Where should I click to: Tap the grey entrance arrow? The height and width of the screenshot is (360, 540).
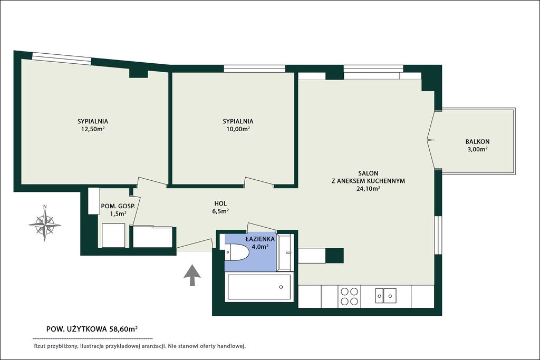pyautogui.click(x=192, y=275)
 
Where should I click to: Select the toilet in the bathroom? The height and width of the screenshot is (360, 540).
pyautogui.click(x=237, y=252)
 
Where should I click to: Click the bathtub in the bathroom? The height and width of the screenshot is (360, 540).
pyautogui.click(x=259, y=287)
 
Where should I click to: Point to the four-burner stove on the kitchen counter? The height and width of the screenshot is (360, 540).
pyautogui.click(x=349, y=296)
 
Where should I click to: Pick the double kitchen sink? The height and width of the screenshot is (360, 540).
pyautogui.click(x=385, y=296)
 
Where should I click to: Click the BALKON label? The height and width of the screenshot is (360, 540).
pyautogui.click(x=477, y=141)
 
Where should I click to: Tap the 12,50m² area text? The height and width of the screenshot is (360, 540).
pyautogui.click(x=91, y=129)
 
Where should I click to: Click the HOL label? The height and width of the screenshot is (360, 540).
pyautogui.click(x=220, y=204)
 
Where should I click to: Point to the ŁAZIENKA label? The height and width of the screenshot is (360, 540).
pyautogui.click(x=260, y=239)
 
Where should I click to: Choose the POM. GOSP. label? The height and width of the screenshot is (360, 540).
pyautogui.click(x=118, y=206)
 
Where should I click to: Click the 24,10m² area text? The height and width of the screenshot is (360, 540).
pyautogui.click(x=368, y=189)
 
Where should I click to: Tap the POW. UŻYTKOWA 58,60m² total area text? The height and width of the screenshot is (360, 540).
pyautogui.click(x=92, y=329)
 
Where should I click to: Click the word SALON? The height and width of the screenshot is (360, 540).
pyautogui.click(x=368, y=173)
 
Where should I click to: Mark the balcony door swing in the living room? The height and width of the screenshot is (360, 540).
pyautogui.click(x=431, y=140)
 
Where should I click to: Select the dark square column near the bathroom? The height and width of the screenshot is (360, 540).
pyautogui.click(x=334, y=256)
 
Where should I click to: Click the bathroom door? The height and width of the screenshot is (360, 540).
pyautogui.click(x=262, y=227)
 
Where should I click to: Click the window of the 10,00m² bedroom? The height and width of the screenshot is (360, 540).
pyautogui.click(x=255, y=69)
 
